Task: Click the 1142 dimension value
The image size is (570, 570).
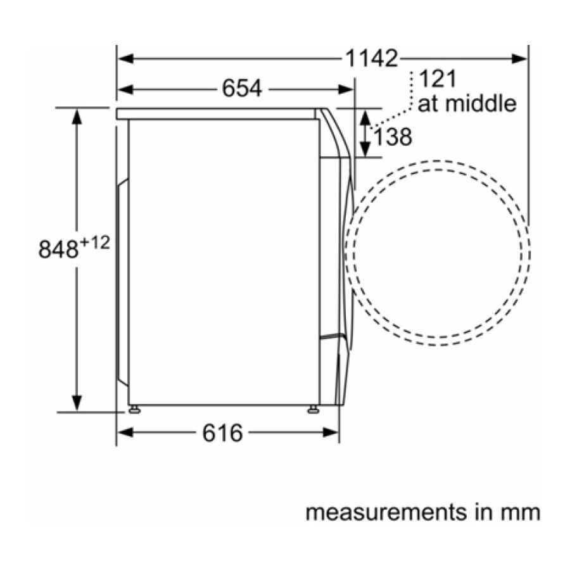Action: (x=371, y=58)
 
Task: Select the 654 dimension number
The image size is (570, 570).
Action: (x=242, y=89)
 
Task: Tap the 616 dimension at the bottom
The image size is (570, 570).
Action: (x=222, y=433)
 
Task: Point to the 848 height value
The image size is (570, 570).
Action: (x=58, y=250)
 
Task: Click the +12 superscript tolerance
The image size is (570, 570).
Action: (x=94, y=242)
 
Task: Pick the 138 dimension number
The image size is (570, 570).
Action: (x=393, y=137)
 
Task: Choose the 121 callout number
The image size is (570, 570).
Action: (x=438, y=79)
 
